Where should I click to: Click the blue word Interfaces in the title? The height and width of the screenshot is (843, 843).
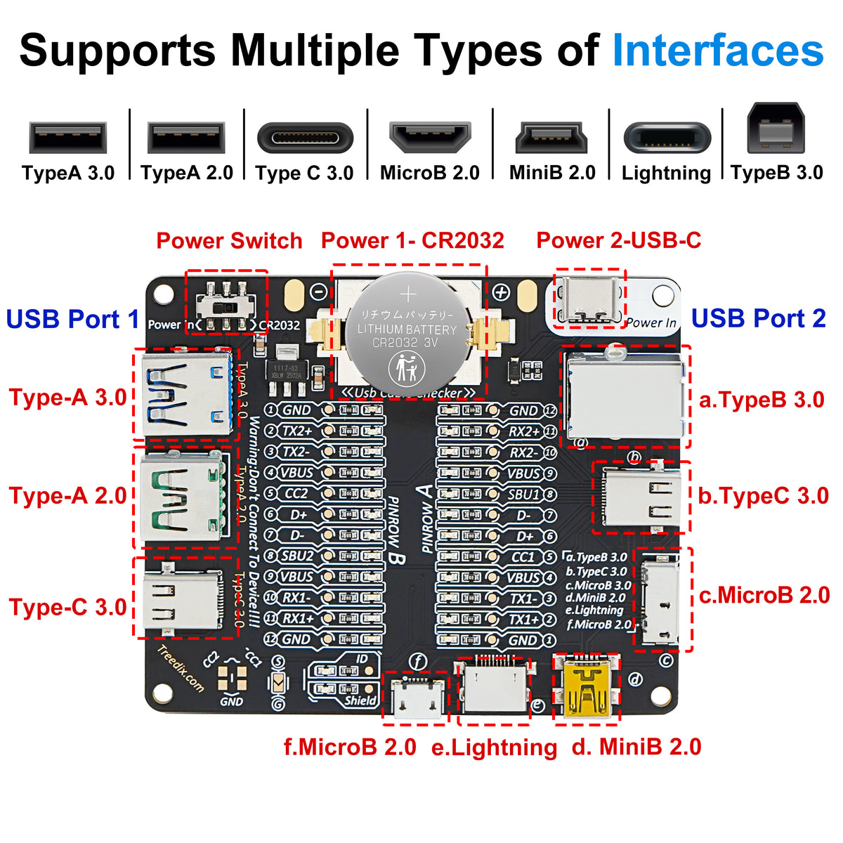717,51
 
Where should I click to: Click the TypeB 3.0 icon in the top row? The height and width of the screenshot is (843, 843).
776,128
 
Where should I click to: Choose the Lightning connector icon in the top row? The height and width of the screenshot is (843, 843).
667,138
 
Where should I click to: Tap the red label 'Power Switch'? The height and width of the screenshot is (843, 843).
229,241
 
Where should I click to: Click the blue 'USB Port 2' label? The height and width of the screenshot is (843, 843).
758,318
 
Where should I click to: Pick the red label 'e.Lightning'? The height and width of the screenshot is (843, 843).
494,747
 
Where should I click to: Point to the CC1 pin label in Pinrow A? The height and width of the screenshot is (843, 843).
523,557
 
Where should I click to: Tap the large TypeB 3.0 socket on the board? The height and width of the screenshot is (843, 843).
624,397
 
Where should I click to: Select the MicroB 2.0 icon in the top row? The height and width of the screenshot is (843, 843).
429,137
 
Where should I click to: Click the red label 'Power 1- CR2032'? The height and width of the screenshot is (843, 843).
412,241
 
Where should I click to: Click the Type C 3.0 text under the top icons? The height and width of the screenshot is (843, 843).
304,173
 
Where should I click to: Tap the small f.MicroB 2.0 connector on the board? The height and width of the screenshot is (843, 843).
416,698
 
